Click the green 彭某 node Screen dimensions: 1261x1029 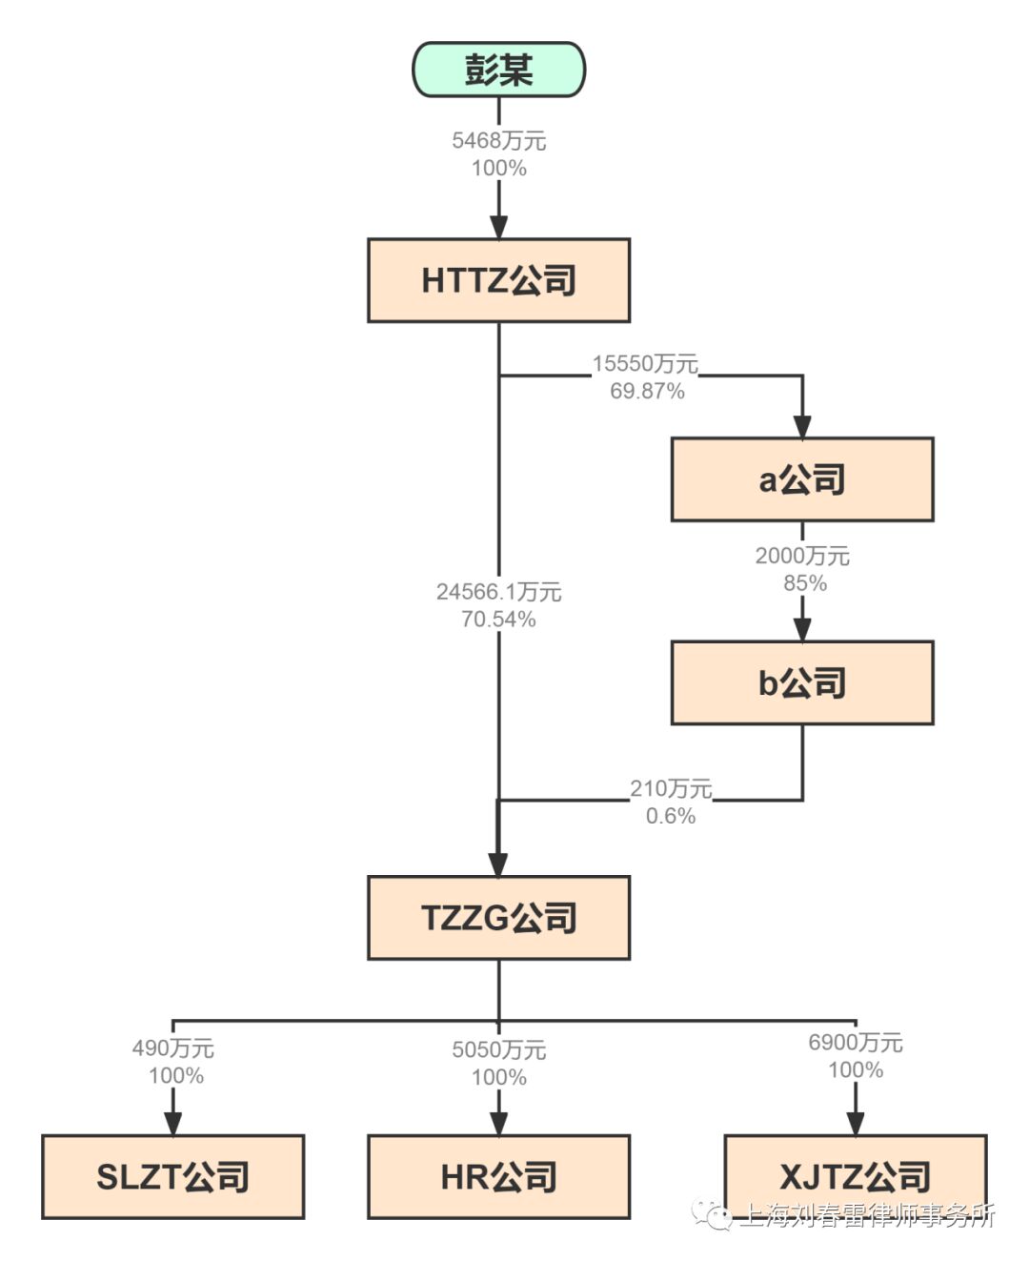(x=498, y=70)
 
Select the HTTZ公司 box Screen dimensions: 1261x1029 (x=498, y=280)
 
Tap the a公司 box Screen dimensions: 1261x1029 (x=801, y=479)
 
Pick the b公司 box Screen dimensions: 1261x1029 (x=801, y=682)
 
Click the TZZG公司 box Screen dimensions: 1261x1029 (x=498, y=918)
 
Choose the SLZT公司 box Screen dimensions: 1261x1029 (x=172, y=1177)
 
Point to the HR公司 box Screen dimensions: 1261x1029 (x=498, y=1177)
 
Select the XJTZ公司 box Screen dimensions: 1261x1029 (x=855, y=1177)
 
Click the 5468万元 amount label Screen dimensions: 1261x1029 (x=498, y=141)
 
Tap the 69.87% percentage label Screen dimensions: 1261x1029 (x=647, y=391)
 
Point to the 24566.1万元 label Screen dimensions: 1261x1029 (x=498, y=592)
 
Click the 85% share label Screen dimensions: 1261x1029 (x=804, y=583)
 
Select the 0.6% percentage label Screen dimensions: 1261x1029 (x=671, y=816)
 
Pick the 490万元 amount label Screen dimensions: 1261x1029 (x=172, y=1048)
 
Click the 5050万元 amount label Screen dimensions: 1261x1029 (x=498, y=1050)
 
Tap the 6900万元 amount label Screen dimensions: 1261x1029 (x=855, y=1043)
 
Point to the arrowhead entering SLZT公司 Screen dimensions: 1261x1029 (x=172, y=1124)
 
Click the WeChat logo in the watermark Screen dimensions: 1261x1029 (x=713, y=1214)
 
